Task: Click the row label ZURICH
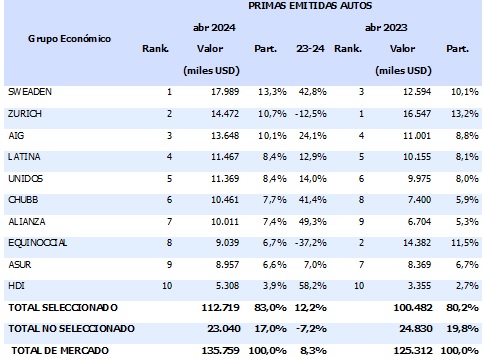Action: coord(24,115)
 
